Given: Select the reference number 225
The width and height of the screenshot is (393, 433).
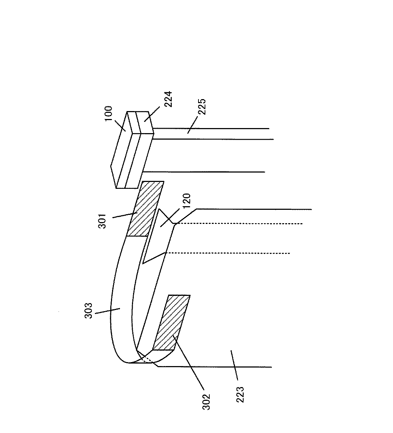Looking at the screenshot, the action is tap(201, 106).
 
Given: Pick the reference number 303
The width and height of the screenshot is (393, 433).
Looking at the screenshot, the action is tap(89, 310).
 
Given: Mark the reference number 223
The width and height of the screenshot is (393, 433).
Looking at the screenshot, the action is tap(241, 395).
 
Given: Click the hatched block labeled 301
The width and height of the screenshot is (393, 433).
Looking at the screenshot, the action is tap(146, 209).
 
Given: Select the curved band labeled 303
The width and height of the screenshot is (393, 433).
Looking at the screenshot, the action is tap(123, 289).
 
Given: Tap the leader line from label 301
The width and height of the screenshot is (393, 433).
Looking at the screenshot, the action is tap(125, 215).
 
